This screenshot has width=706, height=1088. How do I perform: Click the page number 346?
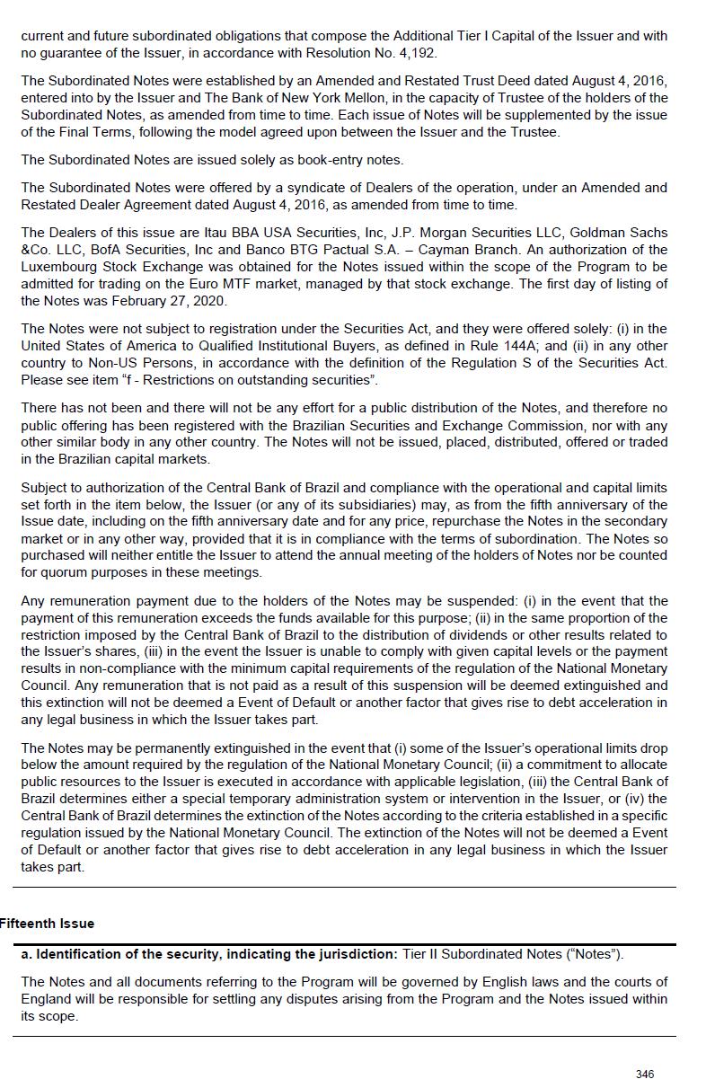(644, 1075)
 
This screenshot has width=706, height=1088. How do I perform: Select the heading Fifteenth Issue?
(47, 924)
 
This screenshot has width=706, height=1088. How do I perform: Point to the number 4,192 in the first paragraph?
(413, 53)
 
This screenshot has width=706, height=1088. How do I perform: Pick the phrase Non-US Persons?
(129, 363)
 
